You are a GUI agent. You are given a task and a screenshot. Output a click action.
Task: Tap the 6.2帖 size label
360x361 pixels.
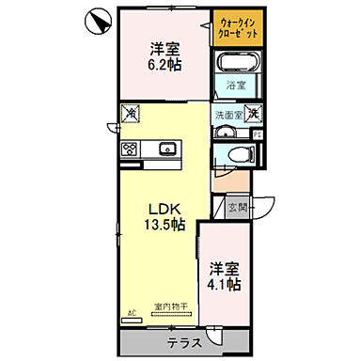click(164, 68)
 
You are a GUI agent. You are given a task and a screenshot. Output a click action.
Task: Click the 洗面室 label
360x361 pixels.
click(227, 116)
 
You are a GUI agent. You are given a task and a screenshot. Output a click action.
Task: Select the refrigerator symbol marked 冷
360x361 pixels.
click(132, 114)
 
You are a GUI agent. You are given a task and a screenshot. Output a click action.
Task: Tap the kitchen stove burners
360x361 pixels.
click(130, 148)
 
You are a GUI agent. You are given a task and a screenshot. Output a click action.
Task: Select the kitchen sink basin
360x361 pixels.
click(167, 148)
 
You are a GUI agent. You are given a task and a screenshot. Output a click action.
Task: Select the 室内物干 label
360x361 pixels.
click(172, 306)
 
